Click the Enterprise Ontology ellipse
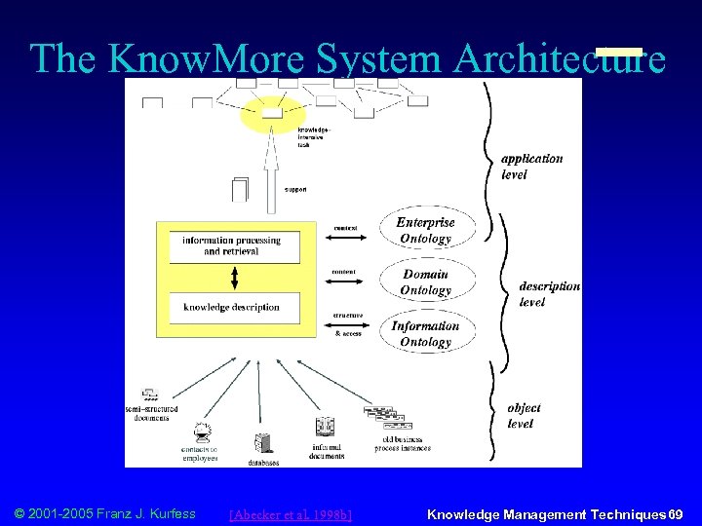425,231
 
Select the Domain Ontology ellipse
426,282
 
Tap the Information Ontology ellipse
425,334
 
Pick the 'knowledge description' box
231,307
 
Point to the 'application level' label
531,166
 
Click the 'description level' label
549,294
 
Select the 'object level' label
524,416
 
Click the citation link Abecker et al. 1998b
290,514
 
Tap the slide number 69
675,514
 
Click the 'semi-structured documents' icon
150,394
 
